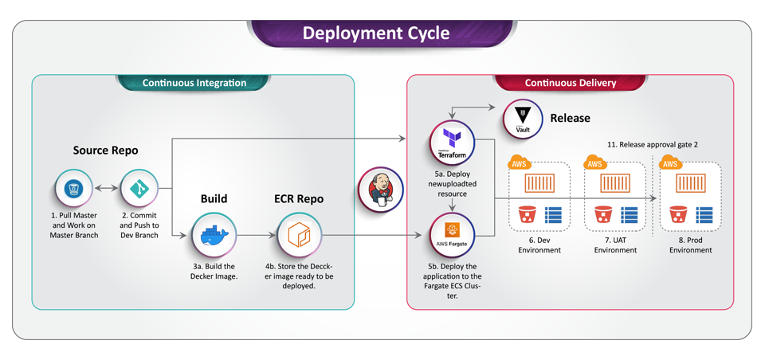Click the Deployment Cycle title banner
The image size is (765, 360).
375,33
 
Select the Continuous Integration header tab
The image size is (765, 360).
194,83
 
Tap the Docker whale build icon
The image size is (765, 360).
214,235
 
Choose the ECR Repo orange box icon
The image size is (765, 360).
299,235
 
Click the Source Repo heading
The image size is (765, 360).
105,151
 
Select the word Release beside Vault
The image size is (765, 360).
570,118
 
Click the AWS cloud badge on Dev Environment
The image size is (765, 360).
519,163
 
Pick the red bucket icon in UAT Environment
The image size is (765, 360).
602,213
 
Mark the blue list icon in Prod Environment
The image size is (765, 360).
705,213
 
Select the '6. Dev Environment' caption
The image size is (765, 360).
539,245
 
